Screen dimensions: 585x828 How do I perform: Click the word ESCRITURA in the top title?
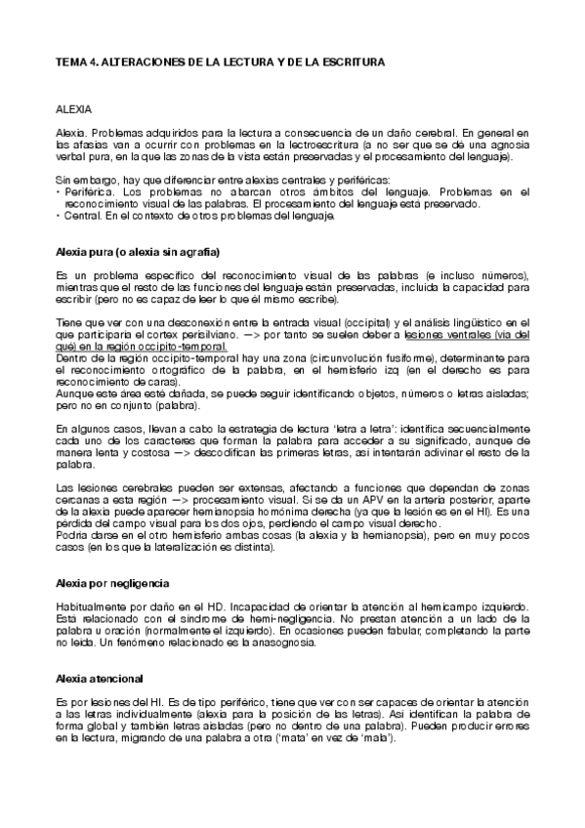(349, 62)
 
